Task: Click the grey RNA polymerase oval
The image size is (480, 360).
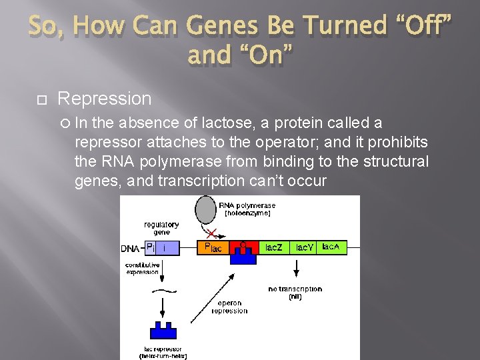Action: (x=205, y=210)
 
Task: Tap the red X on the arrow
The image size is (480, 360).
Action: (x=213, y=233)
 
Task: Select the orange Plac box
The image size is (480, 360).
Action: (x=213, y=248)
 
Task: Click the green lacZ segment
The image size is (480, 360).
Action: (x=273, y=247)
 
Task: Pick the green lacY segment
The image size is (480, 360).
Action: (x=304, y=247)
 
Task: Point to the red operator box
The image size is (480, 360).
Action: (x=243, y=247)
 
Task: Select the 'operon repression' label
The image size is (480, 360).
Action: (x=229, y=307)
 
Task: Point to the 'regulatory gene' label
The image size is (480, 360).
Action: (x=161, y=229)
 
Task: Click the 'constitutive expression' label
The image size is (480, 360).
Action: (x=143, y=268)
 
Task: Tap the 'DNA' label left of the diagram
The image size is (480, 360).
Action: (x=130, y=249)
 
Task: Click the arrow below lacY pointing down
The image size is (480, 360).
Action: (x=295, y=269)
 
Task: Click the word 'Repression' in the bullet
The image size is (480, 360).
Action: (x=105, y=99)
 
